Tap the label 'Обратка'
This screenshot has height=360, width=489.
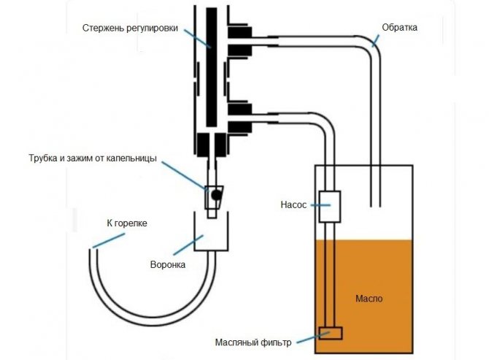tap(400, 28)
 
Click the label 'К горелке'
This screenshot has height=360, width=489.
tap(122, 223)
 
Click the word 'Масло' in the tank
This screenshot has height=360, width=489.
tap(369, 299)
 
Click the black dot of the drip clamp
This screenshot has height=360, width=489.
tap(216, 194)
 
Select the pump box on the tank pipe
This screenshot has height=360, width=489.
tap(331, 206)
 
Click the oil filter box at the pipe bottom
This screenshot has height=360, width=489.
tap(331, 333)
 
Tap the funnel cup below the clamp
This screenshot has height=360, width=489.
tap(212, 229)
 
